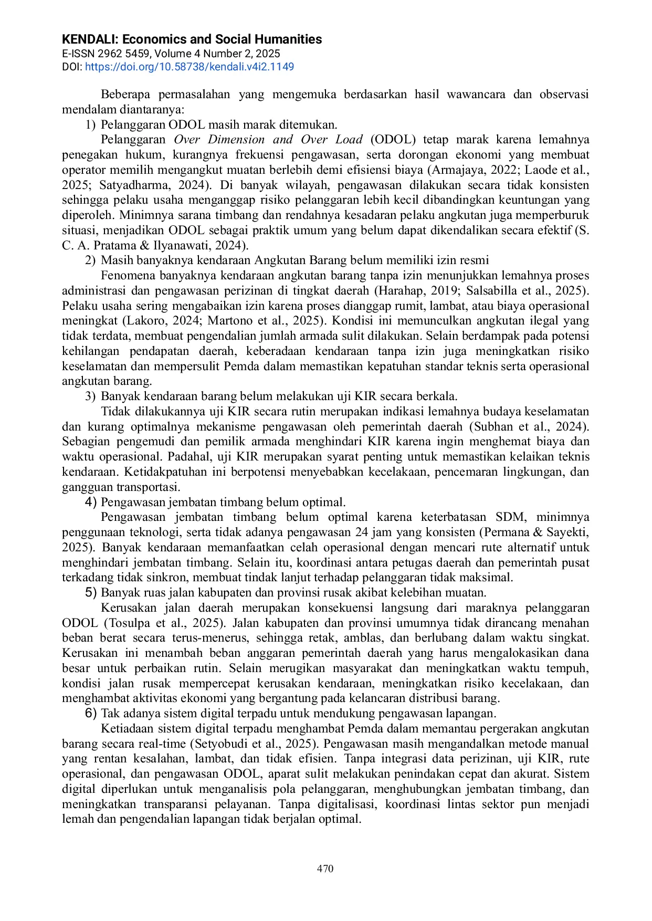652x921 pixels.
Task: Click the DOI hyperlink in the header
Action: pyautogui.click(x=189, y=67)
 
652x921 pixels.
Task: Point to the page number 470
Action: pyautogui.click(x=325, y=868)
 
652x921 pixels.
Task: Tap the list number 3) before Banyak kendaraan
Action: pyautogui.click(x=90, y=396)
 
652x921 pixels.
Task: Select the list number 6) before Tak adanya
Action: pyautogui.click(x=91, y=714)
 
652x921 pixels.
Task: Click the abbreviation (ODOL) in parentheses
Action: pyautogui.click(x=393, y=140)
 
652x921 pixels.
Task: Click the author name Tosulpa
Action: pyautogui.click(x=131, y=623)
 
